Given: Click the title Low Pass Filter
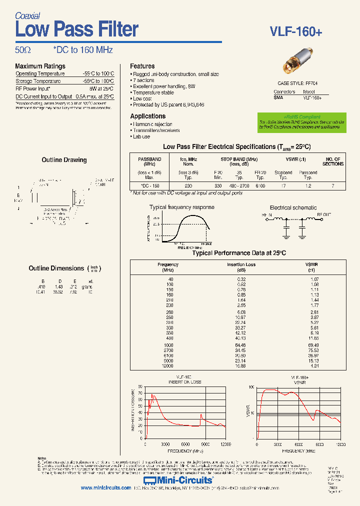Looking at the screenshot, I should [76, 29].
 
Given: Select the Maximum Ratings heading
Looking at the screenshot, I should [40, 66].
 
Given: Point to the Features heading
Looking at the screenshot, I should [142, 66].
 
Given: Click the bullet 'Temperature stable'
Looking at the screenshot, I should [153, 92].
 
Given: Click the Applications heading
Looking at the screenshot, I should [147, 116].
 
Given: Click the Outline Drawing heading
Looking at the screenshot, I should [64, 160].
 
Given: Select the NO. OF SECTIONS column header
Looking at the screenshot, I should [333, 161].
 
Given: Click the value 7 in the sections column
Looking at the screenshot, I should [333, 185].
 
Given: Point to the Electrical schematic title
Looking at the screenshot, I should [293, 207].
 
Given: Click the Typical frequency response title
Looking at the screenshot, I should [181, 207].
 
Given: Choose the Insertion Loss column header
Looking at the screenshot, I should [241, 267].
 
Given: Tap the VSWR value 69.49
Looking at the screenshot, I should [314, 345].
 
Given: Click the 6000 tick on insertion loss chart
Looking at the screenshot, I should [185, 444].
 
